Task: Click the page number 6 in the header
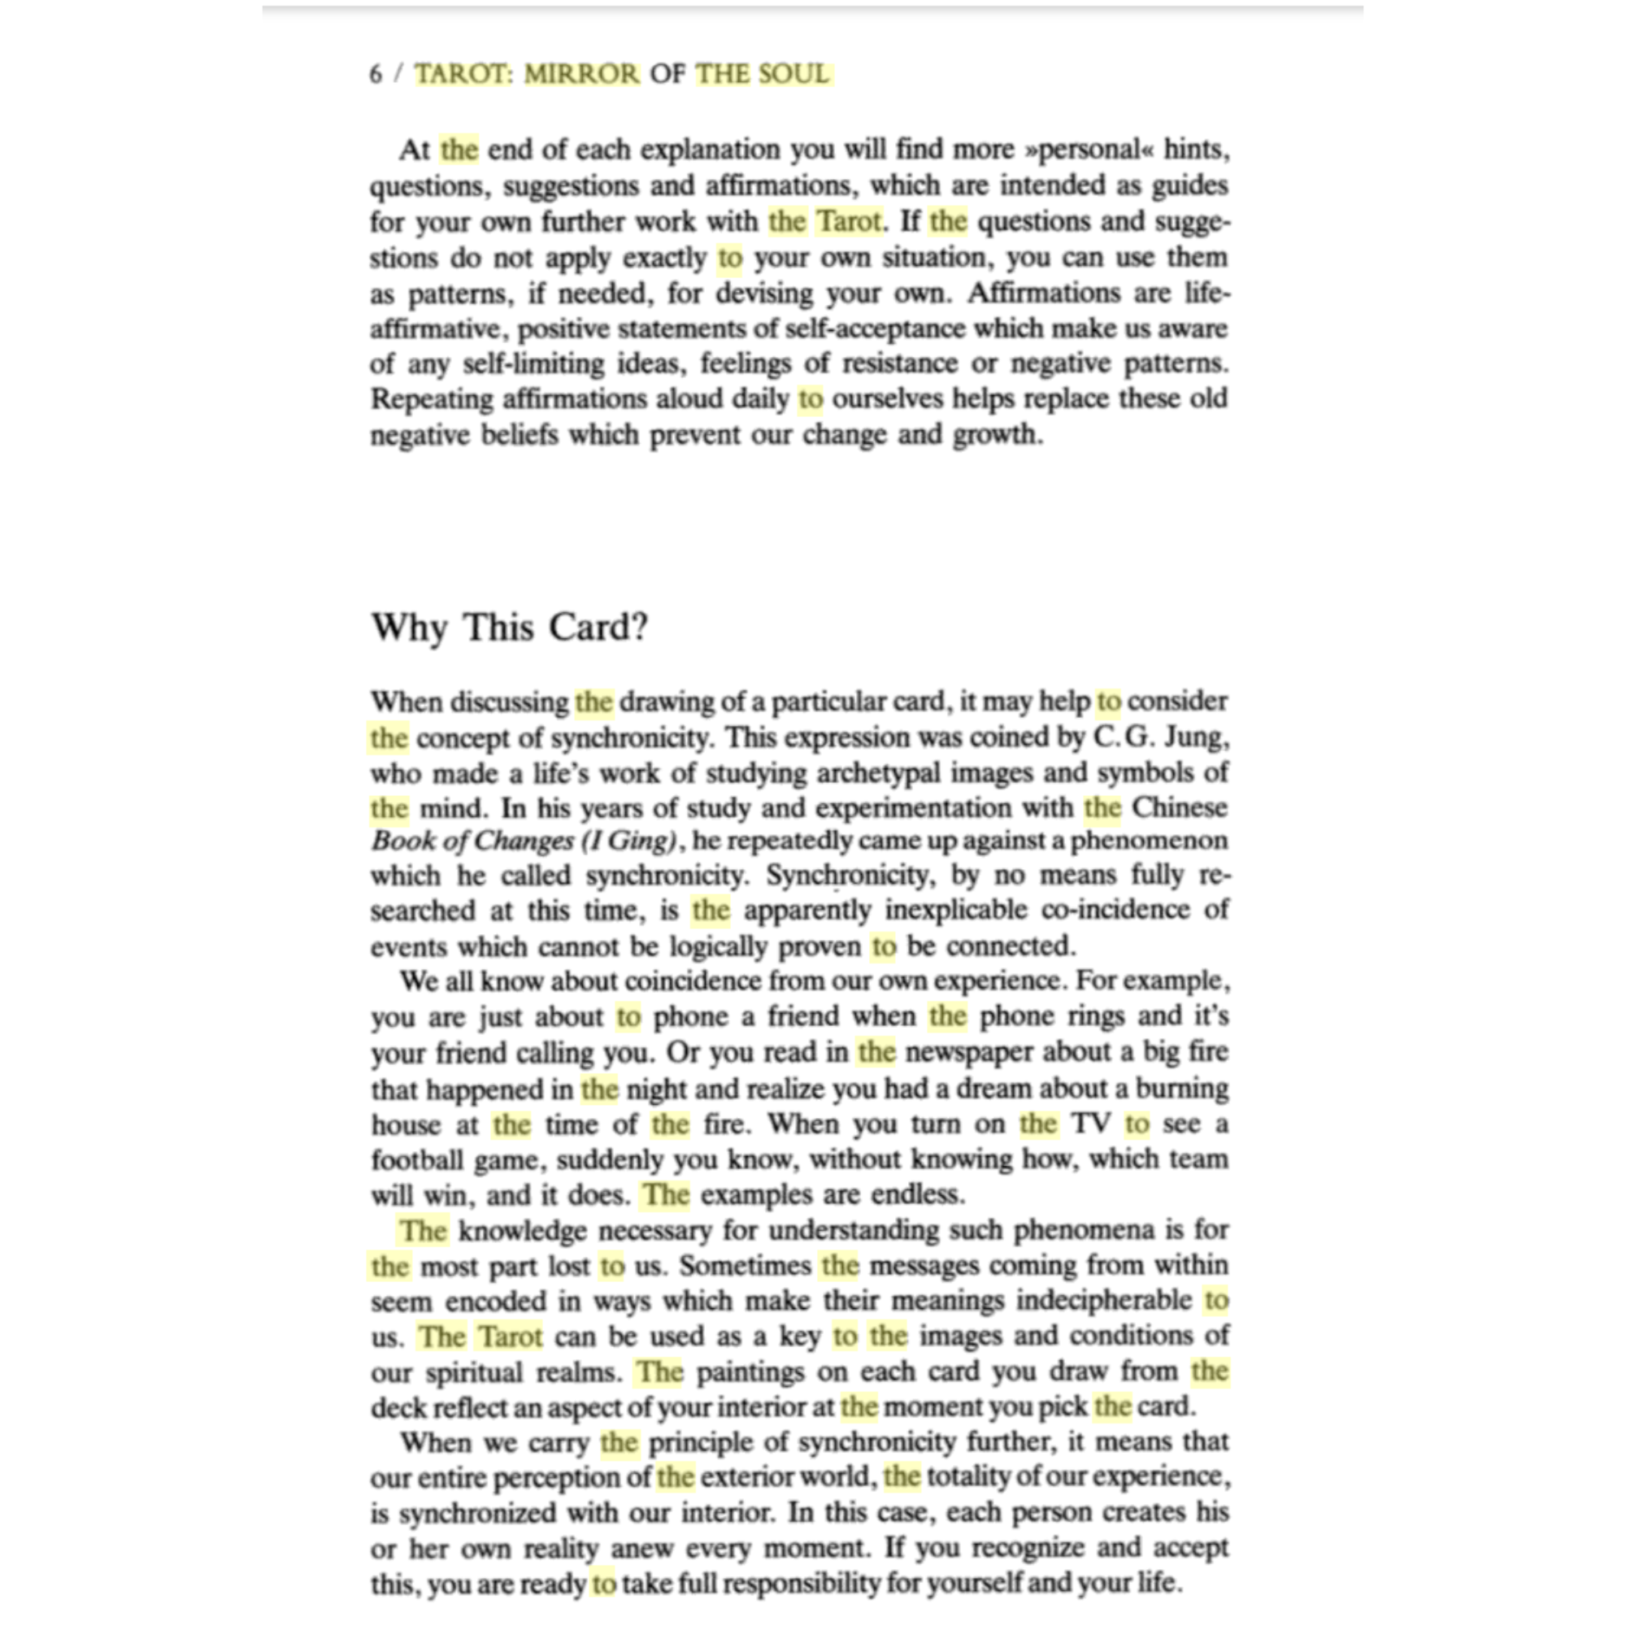coord(376,74)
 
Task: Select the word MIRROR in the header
coord(581,74)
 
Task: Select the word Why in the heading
coord(409,628)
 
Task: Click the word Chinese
coord(1179,808)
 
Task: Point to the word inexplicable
coord(956,911)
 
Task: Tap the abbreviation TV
coord(1092,1124)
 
